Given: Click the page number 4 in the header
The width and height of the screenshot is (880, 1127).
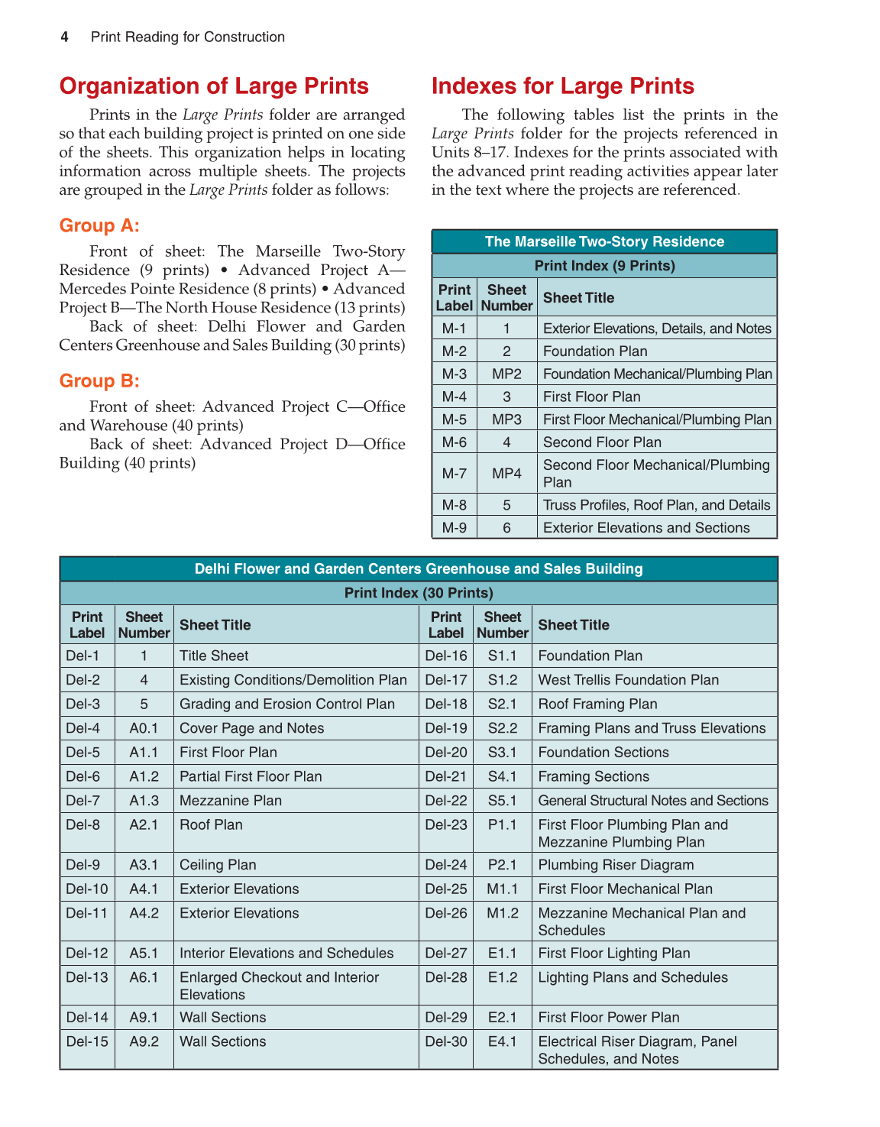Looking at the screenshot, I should coord(65,37).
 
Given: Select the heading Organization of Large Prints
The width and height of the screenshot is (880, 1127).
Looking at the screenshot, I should coord(214,86).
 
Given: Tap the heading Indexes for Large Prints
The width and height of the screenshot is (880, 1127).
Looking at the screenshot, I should coord(562,86).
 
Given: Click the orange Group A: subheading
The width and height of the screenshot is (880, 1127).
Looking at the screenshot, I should coord(99,225).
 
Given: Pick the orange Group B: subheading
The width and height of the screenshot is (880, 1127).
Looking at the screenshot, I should coord(99,381).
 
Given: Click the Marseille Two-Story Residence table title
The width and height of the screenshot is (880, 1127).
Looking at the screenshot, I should coord(604,241).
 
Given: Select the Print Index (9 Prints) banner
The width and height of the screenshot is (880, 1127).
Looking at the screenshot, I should coord(604,266).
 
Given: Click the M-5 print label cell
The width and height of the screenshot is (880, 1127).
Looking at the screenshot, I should coord(455,419).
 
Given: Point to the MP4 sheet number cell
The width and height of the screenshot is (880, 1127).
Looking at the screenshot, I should coord(506,474).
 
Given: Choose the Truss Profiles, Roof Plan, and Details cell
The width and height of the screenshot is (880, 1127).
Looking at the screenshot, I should coord(656,505).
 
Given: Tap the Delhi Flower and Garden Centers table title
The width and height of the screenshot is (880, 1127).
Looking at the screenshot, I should coord(419,568).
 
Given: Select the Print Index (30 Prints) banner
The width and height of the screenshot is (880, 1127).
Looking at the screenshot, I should coord(419,593).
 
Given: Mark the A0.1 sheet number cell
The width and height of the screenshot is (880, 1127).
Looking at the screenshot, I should coord(144,728).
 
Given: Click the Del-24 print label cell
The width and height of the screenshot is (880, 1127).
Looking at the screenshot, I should coord(446,865).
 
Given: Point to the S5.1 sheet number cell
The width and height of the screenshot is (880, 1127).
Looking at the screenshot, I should coord(503,801).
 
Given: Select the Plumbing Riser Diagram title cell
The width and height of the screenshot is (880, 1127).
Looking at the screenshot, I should coord(616,865).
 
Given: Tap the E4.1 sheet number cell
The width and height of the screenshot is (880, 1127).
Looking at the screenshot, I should coord(503,1041).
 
